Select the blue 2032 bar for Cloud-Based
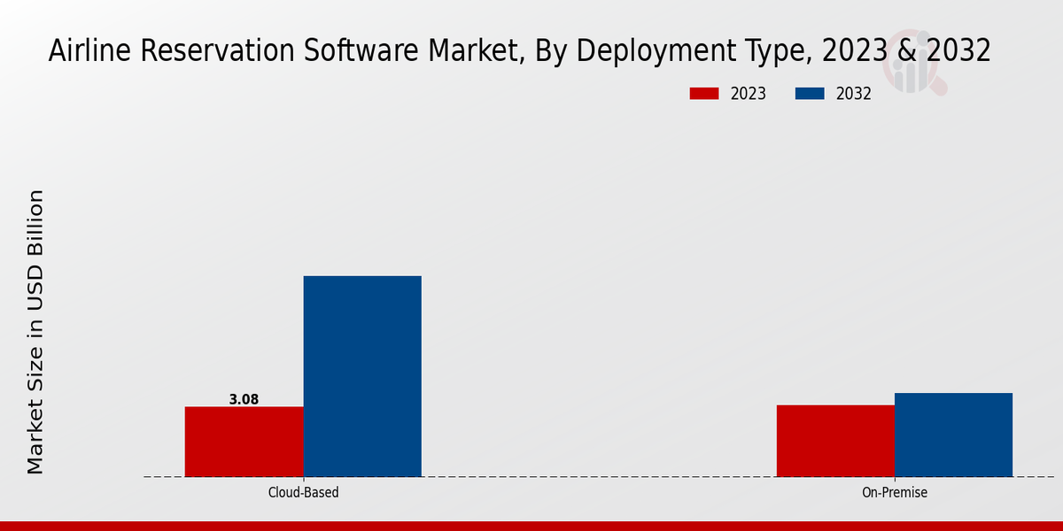tap(362, 376)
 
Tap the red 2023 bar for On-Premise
tap(835, 440)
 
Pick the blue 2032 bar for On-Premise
tap(953, 434)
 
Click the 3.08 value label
tap(244, 399)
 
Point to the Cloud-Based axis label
tap(303, 492)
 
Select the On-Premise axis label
tap(895, 492)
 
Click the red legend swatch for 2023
tap(704, 94)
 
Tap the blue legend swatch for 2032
tap(811, 94)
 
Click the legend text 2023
tap(748, 94)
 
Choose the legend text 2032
tap(854, 94)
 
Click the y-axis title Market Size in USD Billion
tap(35, 332)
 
